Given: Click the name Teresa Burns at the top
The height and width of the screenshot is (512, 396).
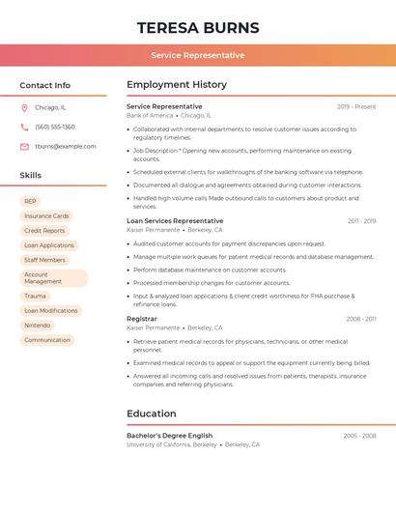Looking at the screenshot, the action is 198,27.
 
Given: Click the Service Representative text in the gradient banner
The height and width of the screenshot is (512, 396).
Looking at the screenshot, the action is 198,55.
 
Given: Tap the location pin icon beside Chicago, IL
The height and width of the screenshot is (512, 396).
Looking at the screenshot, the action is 24,107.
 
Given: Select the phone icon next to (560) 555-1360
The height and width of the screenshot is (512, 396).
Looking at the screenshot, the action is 24,127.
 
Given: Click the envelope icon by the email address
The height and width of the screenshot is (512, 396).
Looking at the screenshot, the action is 24,146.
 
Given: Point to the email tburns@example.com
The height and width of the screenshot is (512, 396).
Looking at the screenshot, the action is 66,146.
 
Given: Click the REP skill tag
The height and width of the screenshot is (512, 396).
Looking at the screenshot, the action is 31,202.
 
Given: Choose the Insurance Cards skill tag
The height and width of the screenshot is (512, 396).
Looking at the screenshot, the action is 46,216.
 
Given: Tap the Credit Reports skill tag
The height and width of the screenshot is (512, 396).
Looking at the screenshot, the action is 44,231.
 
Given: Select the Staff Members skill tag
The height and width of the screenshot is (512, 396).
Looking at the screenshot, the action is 44,260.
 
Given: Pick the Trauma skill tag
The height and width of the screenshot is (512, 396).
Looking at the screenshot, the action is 35,297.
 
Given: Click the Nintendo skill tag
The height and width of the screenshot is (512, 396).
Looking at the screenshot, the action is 38,326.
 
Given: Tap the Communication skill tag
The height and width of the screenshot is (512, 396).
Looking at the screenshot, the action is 47,340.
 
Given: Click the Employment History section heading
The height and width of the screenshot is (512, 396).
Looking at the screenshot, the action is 177,85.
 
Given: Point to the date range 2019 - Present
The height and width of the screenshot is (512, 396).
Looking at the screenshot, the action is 356,106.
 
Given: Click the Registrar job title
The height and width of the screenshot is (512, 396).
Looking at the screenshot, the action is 142,319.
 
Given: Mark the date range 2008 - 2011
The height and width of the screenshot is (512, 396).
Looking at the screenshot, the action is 361,319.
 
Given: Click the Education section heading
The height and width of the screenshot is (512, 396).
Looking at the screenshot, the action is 152,414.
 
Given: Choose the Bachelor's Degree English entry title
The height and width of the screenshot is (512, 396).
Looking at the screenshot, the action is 169,436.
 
